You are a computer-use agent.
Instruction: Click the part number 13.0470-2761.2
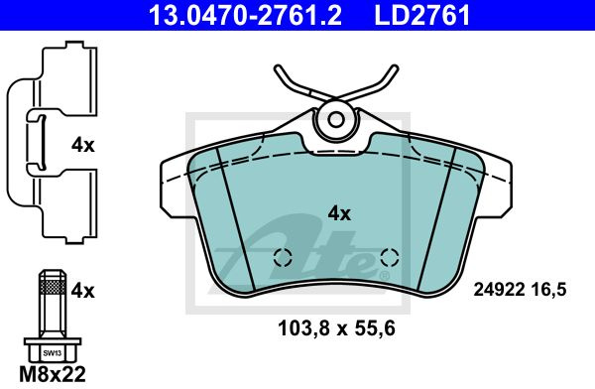(245, 15)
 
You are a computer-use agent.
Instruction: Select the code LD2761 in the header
(422, 15)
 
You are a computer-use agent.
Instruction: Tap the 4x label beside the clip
(82, 145)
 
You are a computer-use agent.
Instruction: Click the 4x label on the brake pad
(339, 214)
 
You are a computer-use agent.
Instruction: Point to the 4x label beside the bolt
(82, 292)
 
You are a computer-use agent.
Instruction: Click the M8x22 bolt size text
(53, 374)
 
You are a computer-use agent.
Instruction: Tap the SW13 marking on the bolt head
(52, 353)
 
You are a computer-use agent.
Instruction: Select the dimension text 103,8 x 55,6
(336, 328)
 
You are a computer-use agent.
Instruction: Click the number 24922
(499, 290)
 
